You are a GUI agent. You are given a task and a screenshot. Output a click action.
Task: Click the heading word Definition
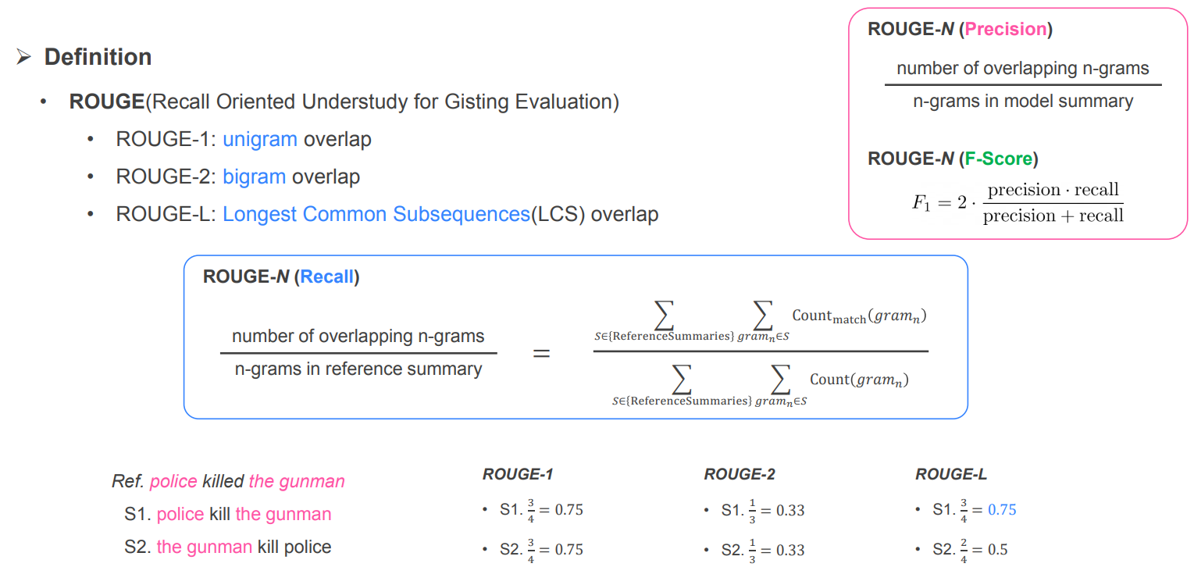pos(98,57)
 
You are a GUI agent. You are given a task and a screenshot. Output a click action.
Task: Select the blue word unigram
pos(259,140)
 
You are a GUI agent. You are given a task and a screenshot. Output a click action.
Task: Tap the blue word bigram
pos(254,177)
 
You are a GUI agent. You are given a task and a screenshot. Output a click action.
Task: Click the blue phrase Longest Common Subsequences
pos(376,214)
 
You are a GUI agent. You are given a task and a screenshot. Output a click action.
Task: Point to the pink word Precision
pos(1005,30)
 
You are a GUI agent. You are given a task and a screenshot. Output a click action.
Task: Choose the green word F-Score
pos(999,159)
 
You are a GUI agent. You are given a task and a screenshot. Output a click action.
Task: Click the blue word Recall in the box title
pos(326,277)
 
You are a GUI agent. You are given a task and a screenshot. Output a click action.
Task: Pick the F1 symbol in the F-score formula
pos(922,203)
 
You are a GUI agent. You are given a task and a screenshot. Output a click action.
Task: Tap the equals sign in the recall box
pos(541,354)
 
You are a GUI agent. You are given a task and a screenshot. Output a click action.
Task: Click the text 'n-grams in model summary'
pos(1022,102)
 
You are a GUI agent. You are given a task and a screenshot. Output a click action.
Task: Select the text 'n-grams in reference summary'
pos(358,369)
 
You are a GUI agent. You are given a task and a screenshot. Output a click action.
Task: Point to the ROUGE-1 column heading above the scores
pos(518,474)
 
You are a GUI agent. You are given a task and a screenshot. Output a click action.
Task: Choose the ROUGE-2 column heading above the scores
pos(739,474)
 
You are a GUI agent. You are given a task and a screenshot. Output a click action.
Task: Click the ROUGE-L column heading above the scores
pos(951,474)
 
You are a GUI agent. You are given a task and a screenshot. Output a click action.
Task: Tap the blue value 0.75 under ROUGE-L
pos(1002,510)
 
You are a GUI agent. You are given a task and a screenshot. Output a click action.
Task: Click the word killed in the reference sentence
pos(223,482)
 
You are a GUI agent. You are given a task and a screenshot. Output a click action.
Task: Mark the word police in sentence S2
pos(308,547)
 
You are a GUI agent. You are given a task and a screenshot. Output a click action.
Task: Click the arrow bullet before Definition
pos(23,57)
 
